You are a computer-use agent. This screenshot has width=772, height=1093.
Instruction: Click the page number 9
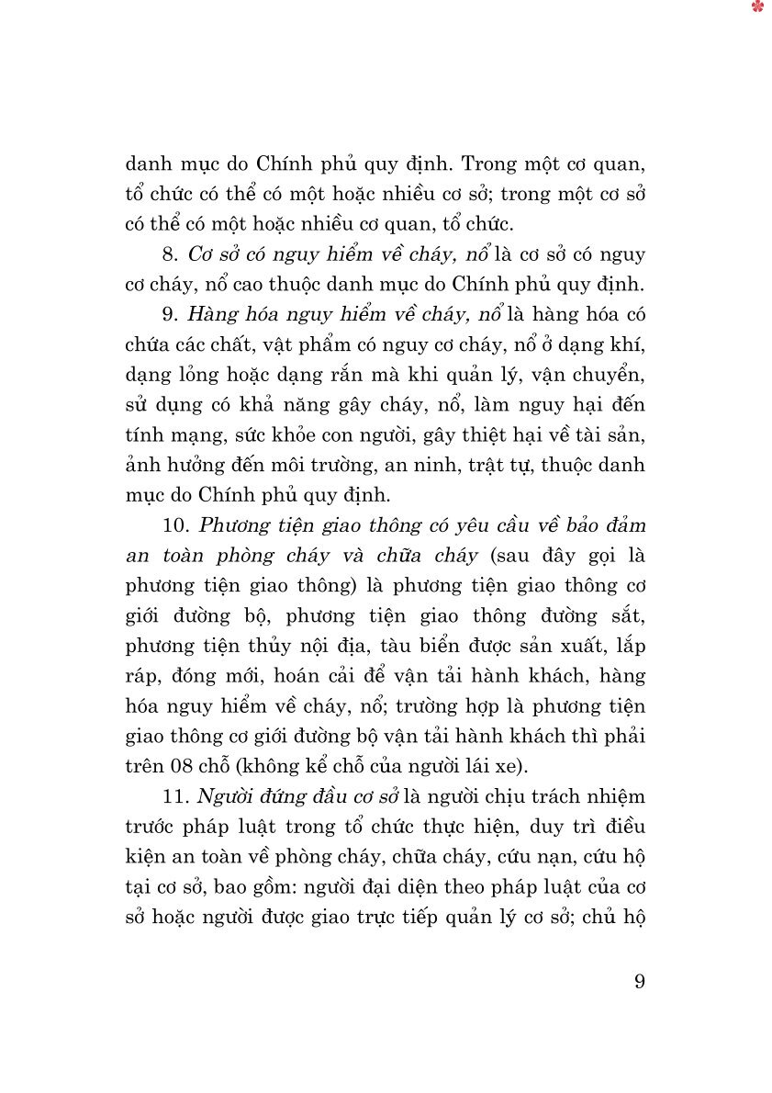click(x=639, y=981)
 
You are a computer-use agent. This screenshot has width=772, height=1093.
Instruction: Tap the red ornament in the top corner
click(x=757, y=7)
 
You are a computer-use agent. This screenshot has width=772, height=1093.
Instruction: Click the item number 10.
click(x=178, y=524)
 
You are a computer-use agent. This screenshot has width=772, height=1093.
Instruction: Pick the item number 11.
click(x=177, y=795)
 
